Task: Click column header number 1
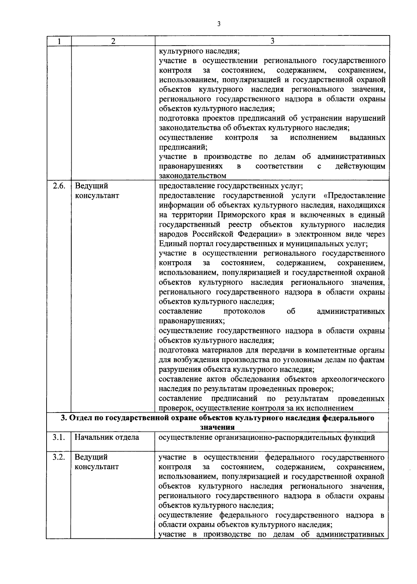59,41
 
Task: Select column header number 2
113,41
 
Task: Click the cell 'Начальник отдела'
107,438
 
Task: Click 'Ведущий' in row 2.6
91,186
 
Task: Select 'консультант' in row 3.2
97,467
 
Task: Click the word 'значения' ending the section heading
217,427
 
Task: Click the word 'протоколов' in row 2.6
244,311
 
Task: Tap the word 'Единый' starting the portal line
171,244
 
